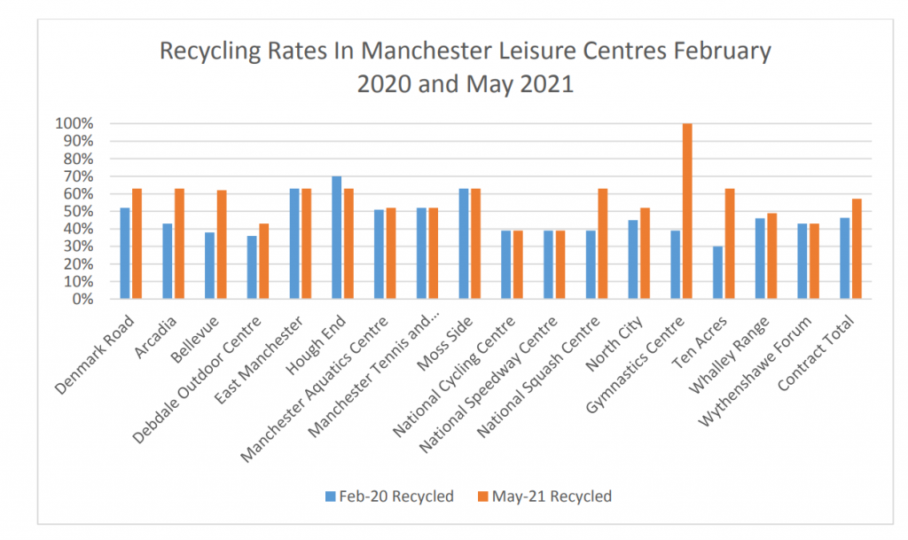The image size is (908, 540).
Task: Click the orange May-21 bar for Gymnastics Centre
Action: pos(687,211)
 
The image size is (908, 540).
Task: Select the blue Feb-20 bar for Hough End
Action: pos(337,238)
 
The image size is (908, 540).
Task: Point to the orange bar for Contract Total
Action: pos(857,249)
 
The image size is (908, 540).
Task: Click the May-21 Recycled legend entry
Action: pos(545,497)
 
